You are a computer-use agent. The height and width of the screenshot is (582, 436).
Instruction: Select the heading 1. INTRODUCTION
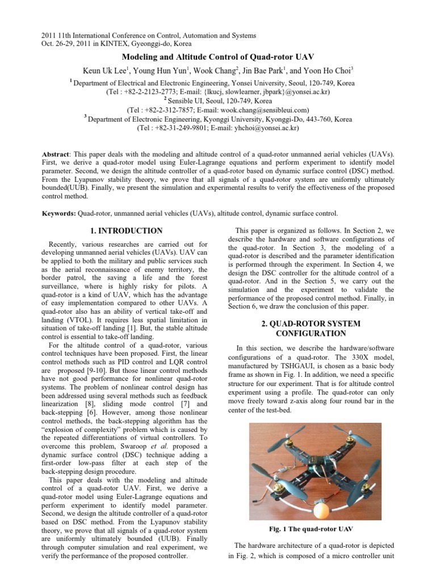127,231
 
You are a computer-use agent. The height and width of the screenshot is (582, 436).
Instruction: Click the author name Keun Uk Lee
106,71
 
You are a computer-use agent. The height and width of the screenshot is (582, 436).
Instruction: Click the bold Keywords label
60,213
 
